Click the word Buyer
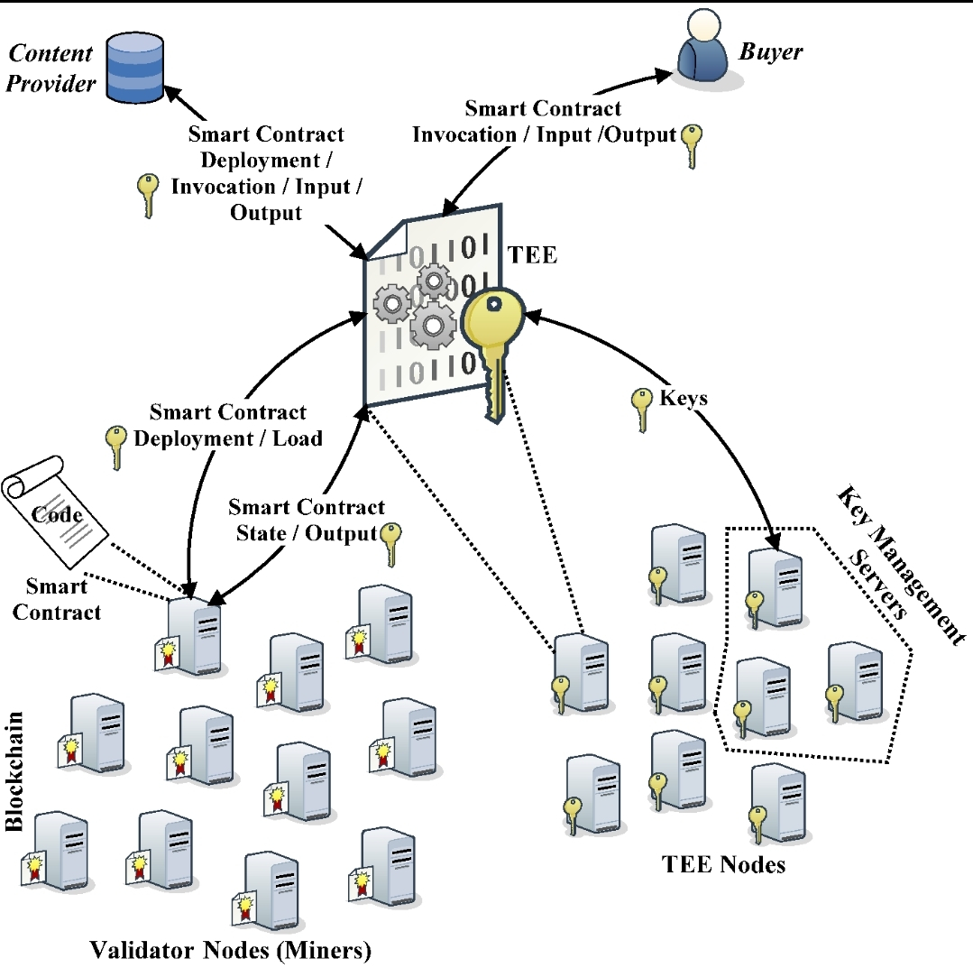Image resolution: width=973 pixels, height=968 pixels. coord(771,51)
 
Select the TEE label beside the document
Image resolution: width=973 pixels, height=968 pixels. coord(534,256)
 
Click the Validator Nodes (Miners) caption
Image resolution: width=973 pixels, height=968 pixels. coord(230,949)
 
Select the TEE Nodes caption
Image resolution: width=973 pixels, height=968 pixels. coord(723,864)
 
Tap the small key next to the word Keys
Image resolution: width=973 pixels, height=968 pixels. coord(642,408)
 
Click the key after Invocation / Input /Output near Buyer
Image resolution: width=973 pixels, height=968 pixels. coord(692,144)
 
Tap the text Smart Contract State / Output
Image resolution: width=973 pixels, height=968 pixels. coord(306,521)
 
